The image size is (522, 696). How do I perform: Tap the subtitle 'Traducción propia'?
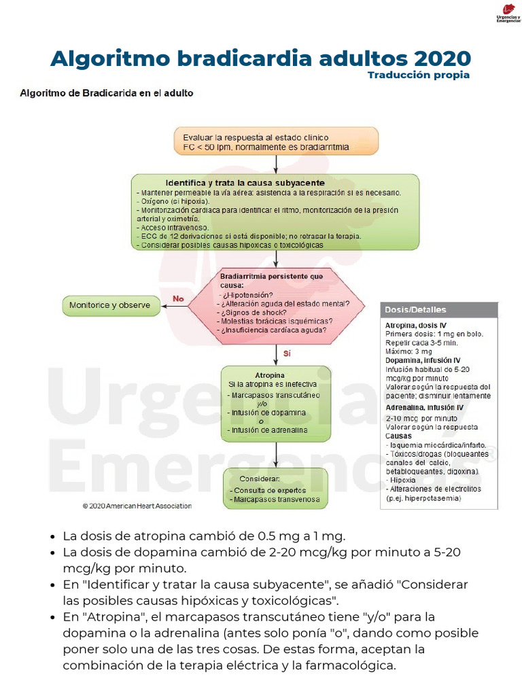click(418, 75)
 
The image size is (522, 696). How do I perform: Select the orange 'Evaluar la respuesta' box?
click(275, 141)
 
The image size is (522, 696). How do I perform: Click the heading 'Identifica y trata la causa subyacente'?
click(245, 183)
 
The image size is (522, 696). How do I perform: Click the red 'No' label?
click(178, 298)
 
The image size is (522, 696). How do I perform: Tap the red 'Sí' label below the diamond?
click(287, 353)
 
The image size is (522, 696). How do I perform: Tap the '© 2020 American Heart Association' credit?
click(137, 506)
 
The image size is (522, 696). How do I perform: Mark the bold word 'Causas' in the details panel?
click(398, 435)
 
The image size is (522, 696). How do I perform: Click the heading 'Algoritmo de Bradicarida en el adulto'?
click(107, 93)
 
